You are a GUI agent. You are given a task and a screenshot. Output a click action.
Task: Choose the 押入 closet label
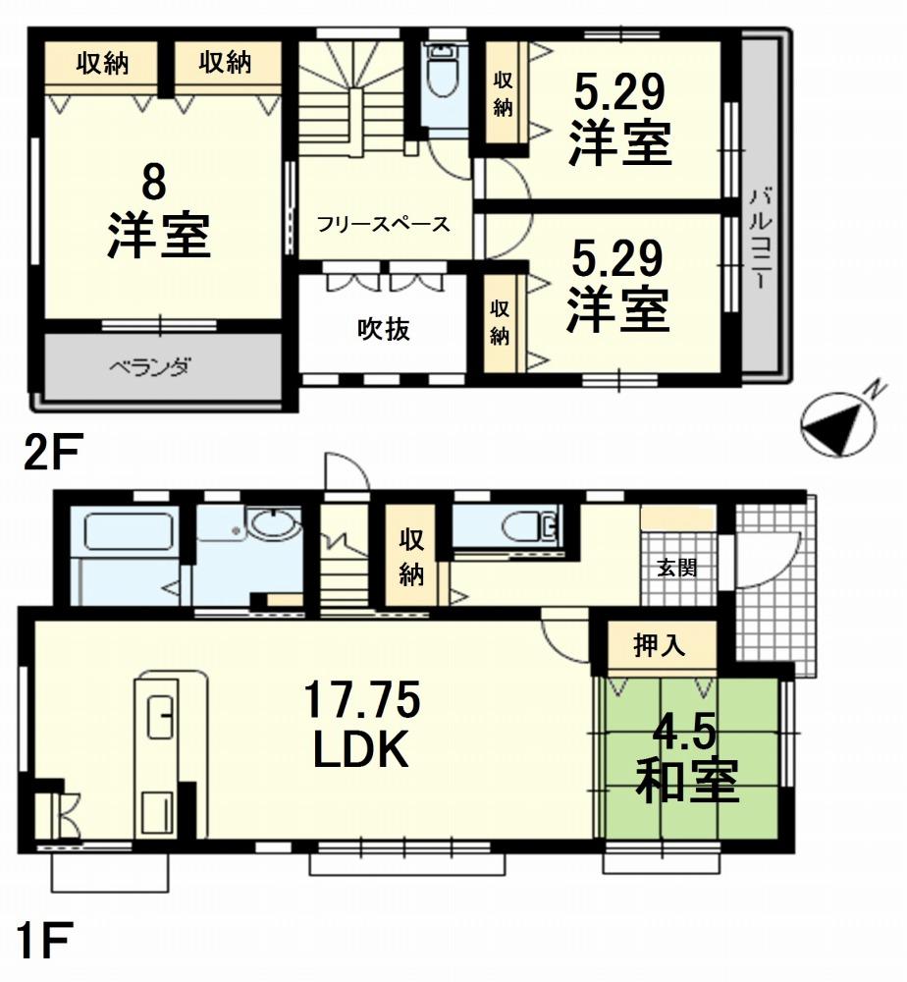pyautogui.click(x=661, y=646)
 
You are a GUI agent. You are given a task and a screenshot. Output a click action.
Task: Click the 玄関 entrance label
pyautogui.click(x=676, y=568)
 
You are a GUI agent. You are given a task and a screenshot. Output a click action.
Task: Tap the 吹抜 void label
pyautogui.click(x=383, y=330)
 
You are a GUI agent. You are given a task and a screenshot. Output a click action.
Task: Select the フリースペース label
pyautogui.click(x=383, y=224)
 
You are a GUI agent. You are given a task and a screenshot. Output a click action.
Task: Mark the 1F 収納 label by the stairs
pyautogui.click(x=412, y=557)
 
